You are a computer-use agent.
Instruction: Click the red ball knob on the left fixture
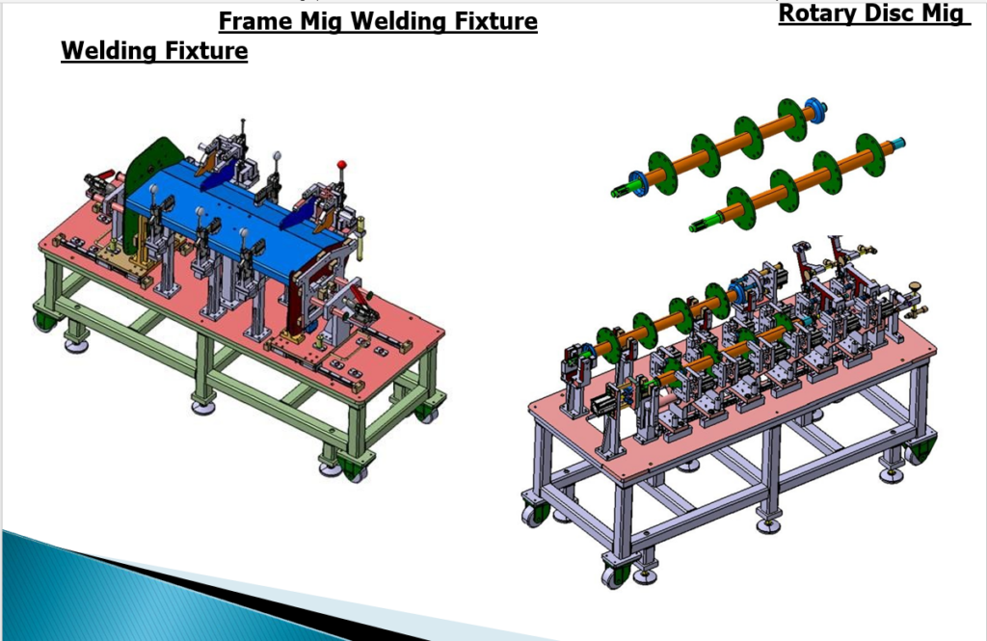[340, 165]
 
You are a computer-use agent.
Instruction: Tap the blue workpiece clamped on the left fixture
[241, 207]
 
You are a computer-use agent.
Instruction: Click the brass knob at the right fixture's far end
[912, 287]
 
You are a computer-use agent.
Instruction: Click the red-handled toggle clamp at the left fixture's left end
[99, 180]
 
